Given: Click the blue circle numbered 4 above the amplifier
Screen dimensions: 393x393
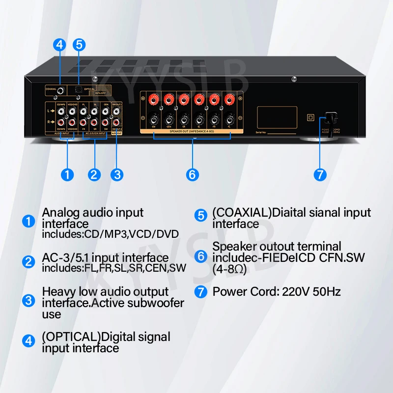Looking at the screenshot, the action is point(60,44).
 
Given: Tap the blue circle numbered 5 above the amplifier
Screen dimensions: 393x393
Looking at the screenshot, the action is point(79,44).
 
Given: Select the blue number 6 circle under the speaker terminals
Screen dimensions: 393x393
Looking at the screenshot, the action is point(192,174).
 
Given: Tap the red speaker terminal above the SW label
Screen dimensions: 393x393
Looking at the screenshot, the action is point(154,100).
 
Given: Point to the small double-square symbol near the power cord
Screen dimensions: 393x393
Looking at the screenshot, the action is point(309,117).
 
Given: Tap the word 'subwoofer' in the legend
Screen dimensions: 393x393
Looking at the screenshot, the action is point(156,303).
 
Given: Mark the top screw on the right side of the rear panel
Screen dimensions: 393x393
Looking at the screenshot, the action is point(294,79).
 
